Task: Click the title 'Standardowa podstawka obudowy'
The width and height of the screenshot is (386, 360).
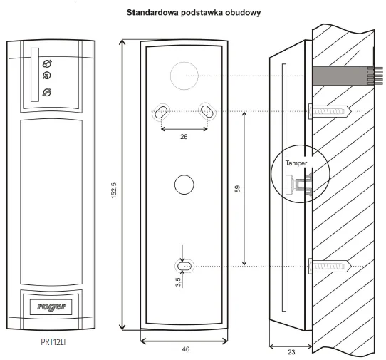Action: [192, 13]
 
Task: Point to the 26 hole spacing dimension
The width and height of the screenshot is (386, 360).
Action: [184, 138]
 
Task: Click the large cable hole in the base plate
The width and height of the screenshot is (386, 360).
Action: [184, 75]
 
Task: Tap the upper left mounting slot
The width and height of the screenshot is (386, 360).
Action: [162, 111]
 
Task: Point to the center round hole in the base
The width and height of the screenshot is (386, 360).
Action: [184, 184]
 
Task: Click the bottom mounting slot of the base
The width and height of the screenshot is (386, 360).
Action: [184, 266]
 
